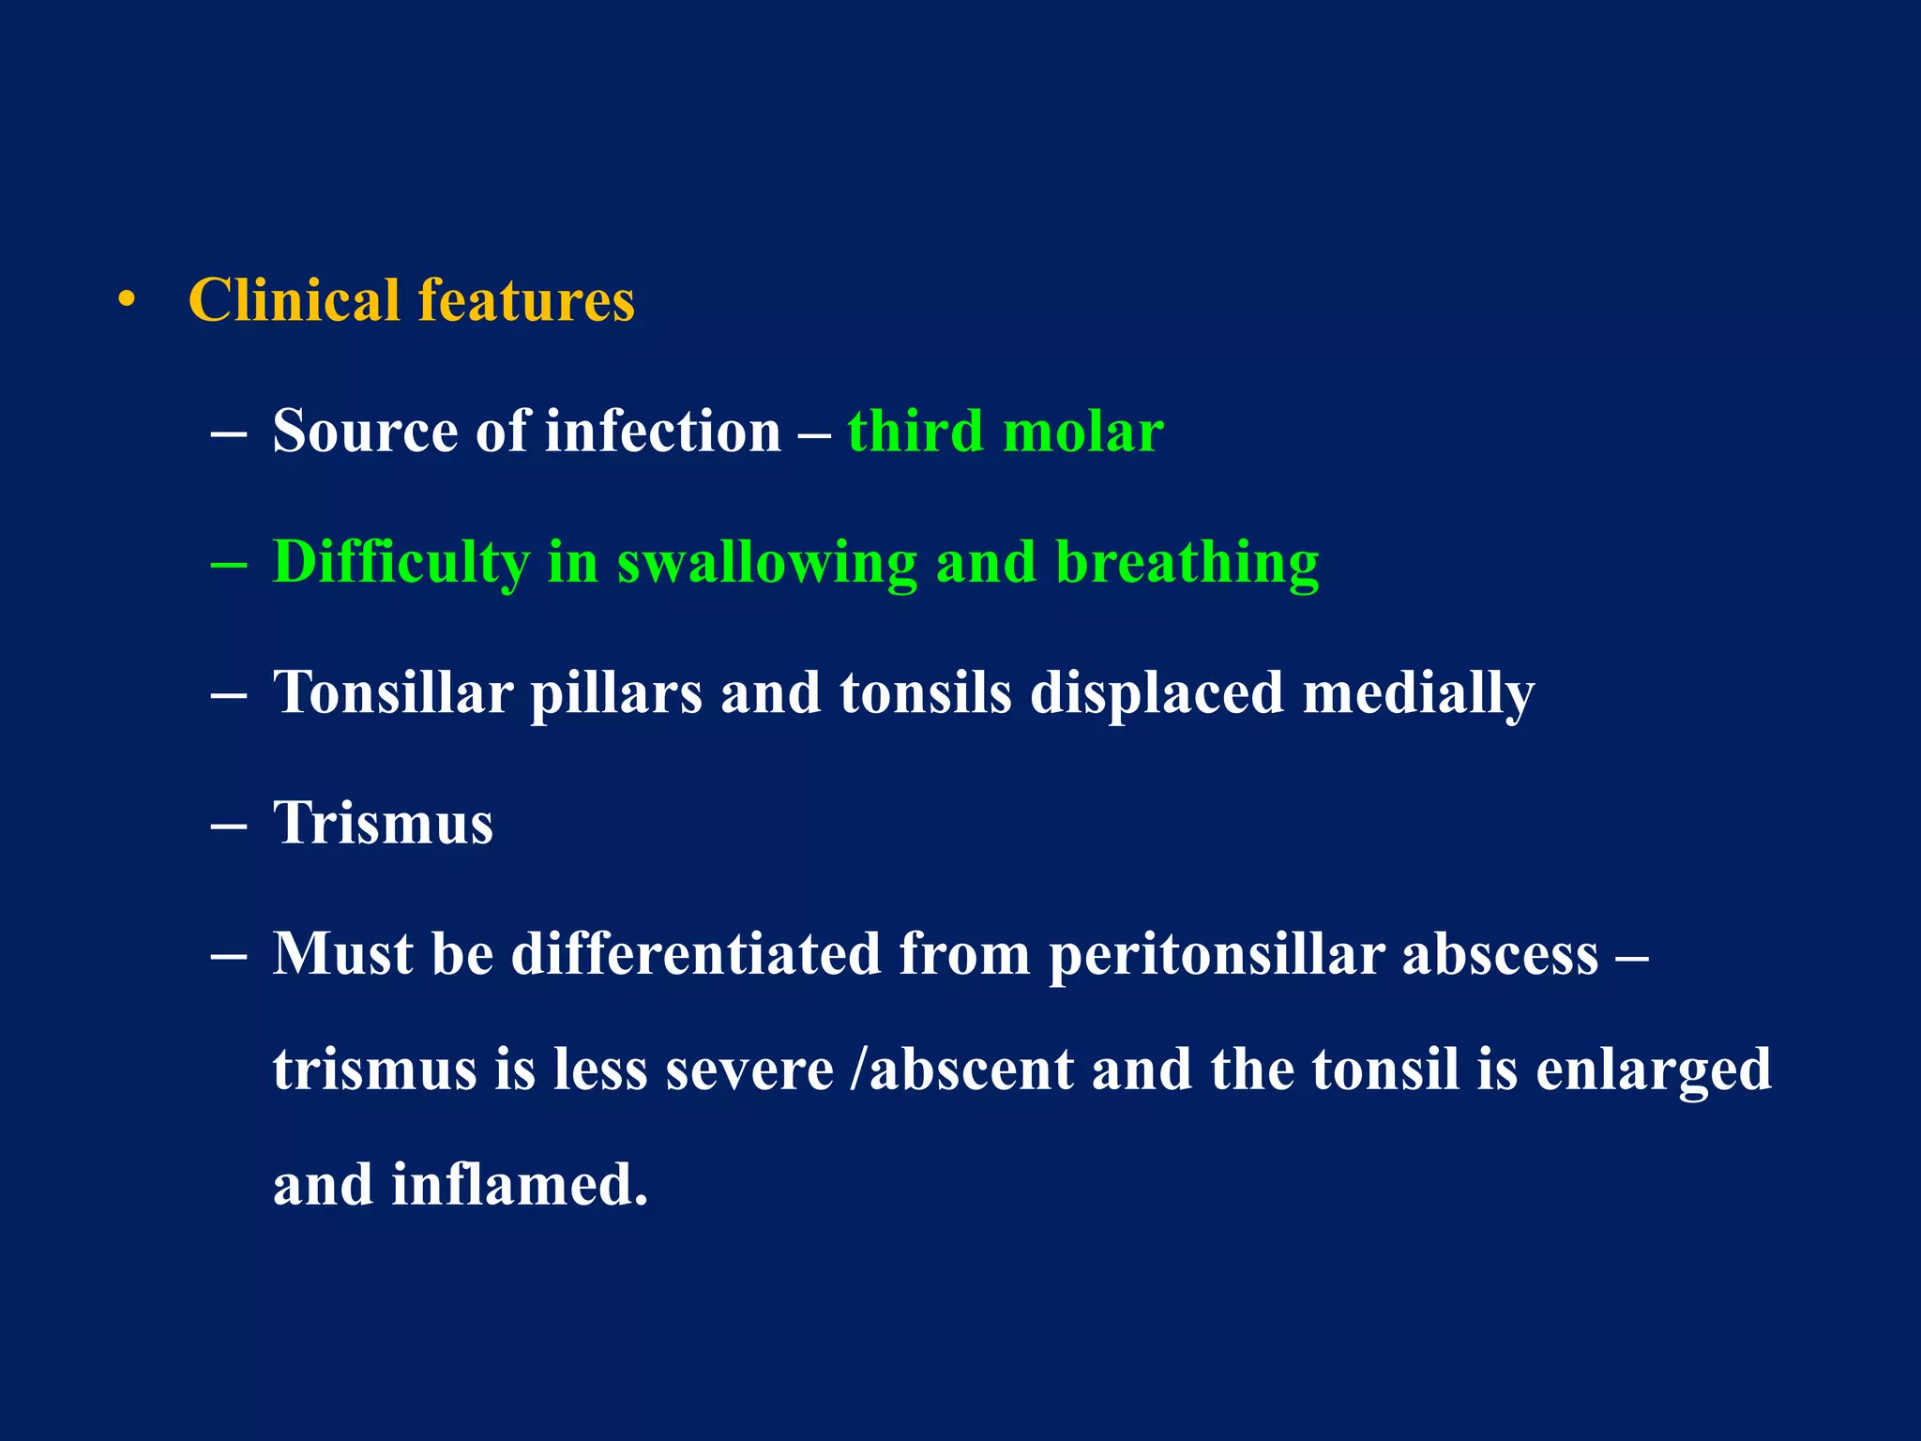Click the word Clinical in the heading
(x=295, y=301)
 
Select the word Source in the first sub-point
(x=365, y=432)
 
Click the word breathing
(x=1187, y=563)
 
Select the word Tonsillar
(x=393, y=692)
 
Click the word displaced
(x=1156, y=694)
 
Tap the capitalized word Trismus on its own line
(x=383, y=824)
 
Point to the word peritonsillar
(x=1216, y=955)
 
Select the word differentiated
(x=696, y=954)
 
